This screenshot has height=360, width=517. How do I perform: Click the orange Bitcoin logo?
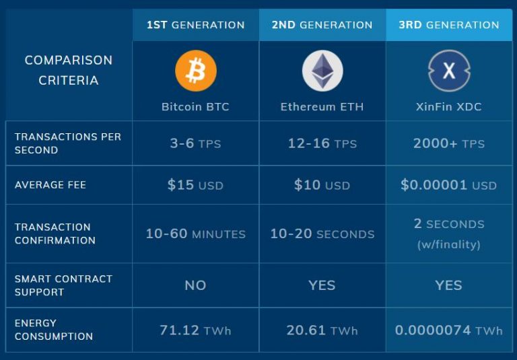196,71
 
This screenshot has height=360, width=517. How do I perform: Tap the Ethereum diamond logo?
322,71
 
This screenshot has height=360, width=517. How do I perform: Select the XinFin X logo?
449,71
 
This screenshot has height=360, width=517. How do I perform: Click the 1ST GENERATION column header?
195,25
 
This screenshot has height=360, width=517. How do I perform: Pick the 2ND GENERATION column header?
322,25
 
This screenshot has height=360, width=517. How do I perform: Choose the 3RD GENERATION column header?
449,25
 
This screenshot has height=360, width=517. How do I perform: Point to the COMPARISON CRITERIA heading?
68,70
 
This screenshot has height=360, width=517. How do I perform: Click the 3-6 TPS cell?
195,143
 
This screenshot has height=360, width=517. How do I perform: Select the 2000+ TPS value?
449,143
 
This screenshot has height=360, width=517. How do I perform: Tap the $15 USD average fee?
195,185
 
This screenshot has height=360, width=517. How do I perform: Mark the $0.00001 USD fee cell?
449,185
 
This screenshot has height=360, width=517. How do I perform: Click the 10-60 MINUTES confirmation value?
195,234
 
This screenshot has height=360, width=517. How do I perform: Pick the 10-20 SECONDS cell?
322,234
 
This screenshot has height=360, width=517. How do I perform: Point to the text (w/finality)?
449,245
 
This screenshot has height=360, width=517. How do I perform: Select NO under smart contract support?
195,285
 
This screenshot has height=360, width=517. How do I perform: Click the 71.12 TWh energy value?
195,330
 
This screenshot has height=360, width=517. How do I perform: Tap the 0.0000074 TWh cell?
449,330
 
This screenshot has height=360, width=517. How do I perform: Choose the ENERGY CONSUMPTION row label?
54,330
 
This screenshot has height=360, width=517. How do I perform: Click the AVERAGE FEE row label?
50,185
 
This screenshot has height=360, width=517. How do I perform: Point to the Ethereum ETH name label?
322,107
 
